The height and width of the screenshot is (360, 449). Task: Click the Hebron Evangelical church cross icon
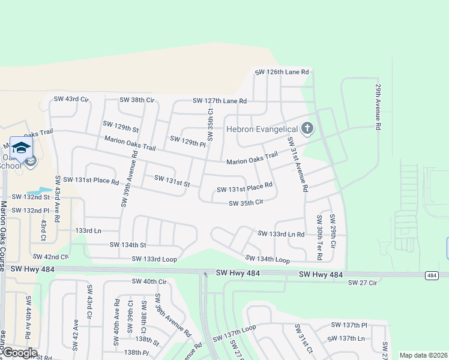click(x=307, y=128)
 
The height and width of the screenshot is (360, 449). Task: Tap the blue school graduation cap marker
click(x=21, y=148)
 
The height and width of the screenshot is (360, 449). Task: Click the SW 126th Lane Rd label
click(x=282, y=72)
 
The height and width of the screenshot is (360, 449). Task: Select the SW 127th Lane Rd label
click(x=220, y=101)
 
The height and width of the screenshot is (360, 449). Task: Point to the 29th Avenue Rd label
click(x=379, y=107)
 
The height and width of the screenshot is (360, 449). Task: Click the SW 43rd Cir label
click(x=71, y=99)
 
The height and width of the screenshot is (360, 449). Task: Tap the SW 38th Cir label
click(x=137, y=100)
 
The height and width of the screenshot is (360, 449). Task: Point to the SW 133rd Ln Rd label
click(x=281, y=233)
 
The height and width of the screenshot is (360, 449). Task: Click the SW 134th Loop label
click(x=267, y=259)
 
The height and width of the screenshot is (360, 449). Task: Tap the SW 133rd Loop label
click(x=154, y=259)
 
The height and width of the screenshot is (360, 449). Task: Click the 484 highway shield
click(x=432, y=274)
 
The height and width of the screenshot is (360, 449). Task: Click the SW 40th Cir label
click(x=149, y=281)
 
